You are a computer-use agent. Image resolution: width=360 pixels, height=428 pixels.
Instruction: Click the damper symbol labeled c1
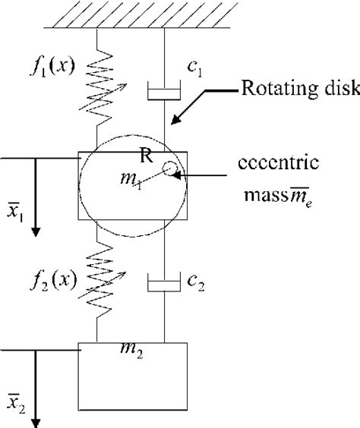point(164,93)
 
